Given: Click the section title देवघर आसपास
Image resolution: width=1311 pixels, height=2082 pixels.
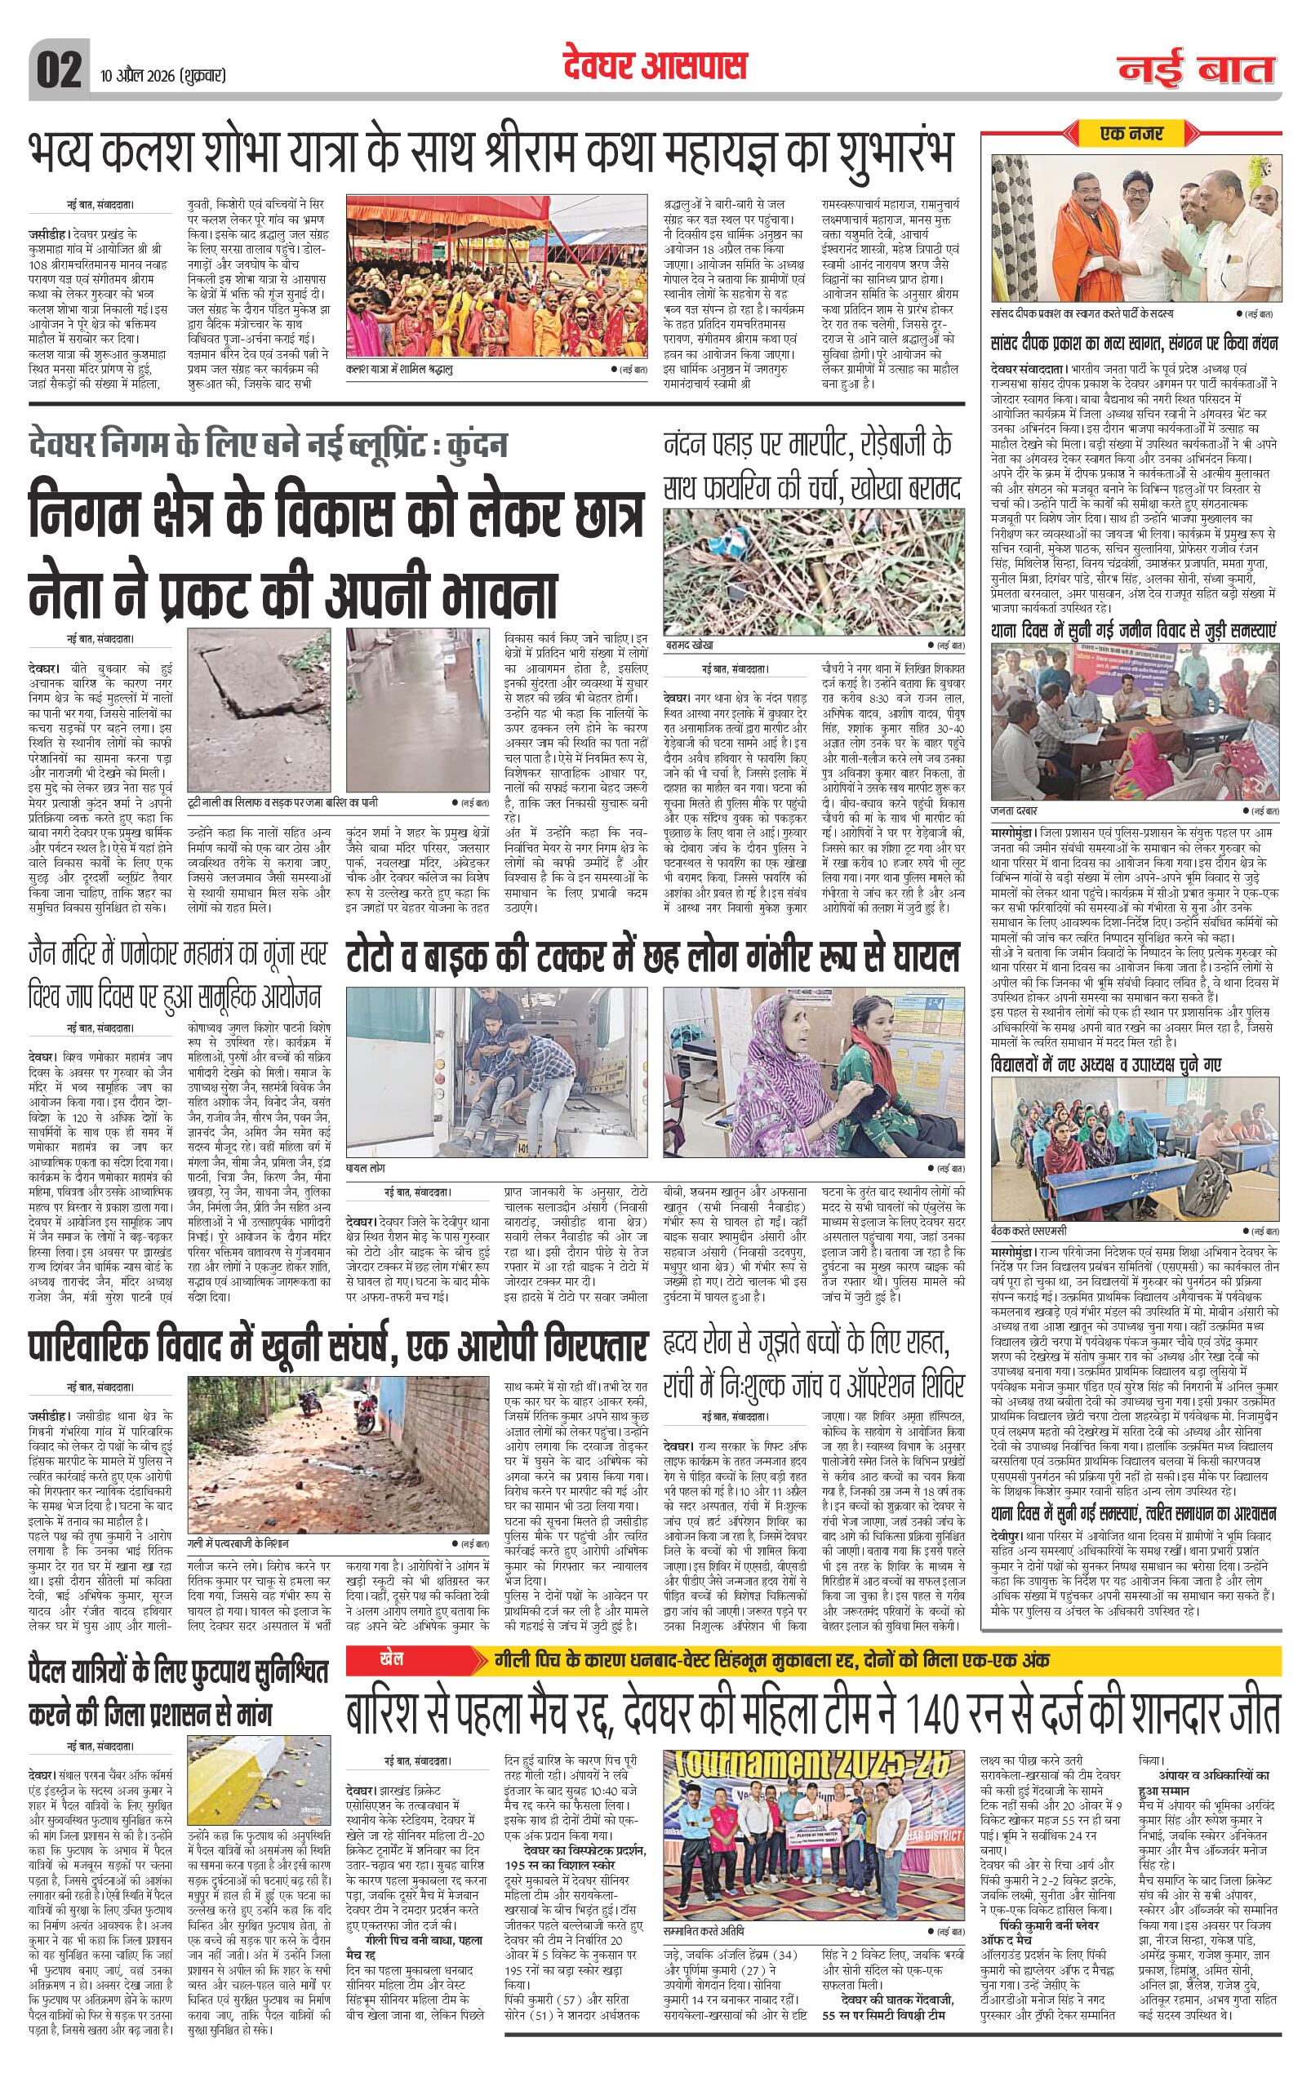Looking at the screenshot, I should point(654,66).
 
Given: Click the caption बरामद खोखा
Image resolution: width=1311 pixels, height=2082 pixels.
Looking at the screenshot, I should point(689,646).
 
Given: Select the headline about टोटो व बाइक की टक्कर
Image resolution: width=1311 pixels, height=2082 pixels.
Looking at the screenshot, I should point(654,956).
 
